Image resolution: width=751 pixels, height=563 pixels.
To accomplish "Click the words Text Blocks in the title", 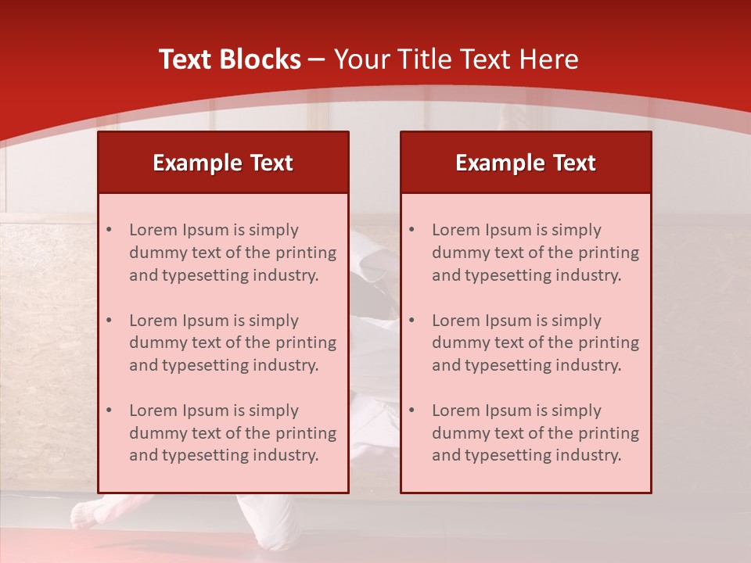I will [229, 59].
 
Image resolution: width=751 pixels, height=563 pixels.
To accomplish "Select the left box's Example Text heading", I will [223, 163].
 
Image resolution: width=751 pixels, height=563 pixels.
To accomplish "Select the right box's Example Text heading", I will [526, 163].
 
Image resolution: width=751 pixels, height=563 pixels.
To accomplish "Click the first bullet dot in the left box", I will [109, 230].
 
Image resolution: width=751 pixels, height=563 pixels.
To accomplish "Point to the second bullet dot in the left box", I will [109, 321].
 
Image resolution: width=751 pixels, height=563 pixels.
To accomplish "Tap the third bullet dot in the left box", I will [109, 411].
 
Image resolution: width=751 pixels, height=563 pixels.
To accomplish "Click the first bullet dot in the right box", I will [411, 230].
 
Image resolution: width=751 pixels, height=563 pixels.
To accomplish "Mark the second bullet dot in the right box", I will [411, 321].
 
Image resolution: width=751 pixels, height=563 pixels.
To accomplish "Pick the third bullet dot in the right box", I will [411, 411].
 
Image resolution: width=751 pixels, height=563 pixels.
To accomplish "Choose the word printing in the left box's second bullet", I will [307, 342].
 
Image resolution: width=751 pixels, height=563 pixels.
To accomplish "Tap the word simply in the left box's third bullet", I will [271, 411].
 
